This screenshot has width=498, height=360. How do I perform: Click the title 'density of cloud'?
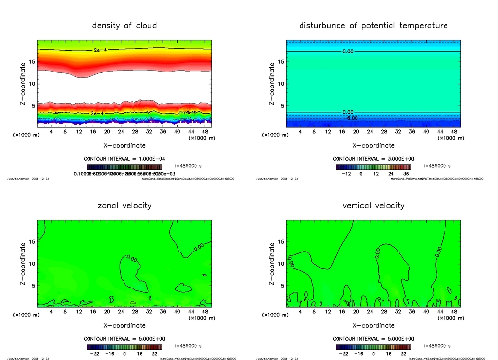point(124,25)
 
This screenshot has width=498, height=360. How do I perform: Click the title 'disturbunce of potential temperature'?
point(373,25)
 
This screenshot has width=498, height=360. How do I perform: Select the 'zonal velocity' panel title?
point(124,205)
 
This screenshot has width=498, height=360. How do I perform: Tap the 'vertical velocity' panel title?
point(373,205)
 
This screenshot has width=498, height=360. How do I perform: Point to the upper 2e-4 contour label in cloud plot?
point(100,50)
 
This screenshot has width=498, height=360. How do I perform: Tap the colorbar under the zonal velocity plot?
point(124,347)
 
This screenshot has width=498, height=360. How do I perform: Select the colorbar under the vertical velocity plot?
point(373,347)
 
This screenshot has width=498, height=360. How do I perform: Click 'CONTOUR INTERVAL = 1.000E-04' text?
point(124,159)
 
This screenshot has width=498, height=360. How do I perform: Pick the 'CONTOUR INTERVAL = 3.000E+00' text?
point(373,159)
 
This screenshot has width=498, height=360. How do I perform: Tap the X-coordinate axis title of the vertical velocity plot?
point(373,325)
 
